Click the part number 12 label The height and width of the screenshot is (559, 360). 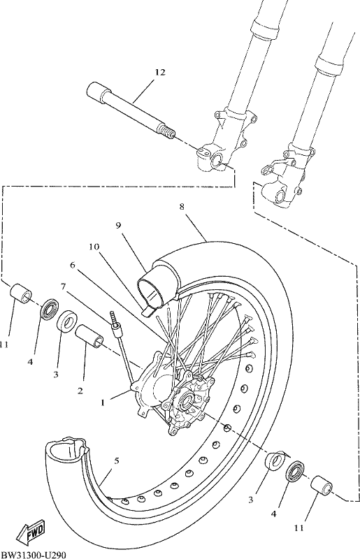[160, 73]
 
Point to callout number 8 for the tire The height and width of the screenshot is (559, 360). [182, 207]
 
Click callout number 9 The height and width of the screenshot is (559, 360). [119, 225]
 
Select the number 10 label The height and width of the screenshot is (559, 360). [94, 247]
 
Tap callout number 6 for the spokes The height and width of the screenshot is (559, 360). [73, 265]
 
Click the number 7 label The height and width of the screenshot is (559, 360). [63, 286]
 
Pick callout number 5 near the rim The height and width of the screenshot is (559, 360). [117, 461]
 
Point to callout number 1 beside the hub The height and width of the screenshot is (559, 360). [103, 403]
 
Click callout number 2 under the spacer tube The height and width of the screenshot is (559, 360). [80, 391]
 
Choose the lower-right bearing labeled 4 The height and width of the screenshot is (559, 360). [295, 472]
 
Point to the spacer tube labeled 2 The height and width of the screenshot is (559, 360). [89, 336]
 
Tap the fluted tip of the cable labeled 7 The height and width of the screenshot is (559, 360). [114, 317]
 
